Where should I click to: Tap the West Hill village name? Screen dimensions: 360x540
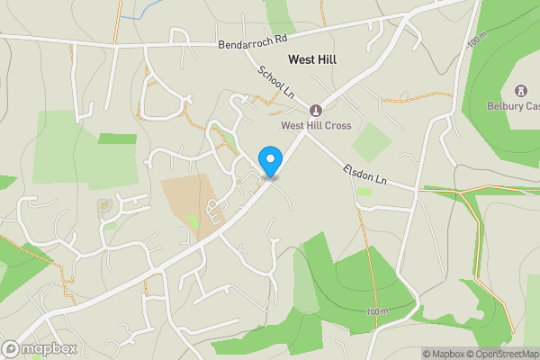pos(313,59)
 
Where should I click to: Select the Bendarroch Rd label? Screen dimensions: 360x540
pos(251,42)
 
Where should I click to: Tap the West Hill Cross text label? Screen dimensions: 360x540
pos(315,125)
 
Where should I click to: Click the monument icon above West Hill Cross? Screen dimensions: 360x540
pos(315,111)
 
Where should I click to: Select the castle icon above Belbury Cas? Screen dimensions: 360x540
pos(520,91)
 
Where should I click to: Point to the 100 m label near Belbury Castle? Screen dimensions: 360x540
pos(474,42)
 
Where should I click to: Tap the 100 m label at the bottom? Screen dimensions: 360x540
pos(378,311)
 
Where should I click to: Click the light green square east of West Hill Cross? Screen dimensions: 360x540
pos(372,142)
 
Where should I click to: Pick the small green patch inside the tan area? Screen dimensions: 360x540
pos(193,220)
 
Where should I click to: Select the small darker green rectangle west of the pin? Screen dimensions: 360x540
pos(117,139)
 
